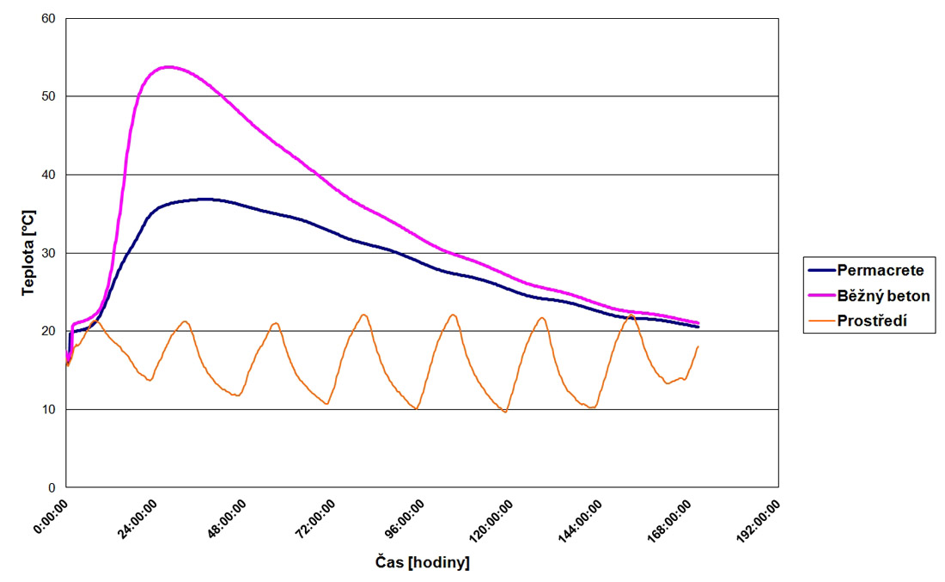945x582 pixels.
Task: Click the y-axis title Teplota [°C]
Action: point(29,254)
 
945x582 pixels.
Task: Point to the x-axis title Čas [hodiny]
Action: point(423,563)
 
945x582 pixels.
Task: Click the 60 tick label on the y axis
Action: point(48,18)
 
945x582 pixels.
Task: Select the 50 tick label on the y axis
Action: point(48,96)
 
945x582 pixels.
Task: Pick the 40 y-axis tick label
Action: point(48,175)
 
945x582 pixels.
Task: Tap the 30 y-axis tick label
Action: point(48,253)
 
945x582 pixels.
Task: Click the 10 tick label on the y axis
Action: point(48,409)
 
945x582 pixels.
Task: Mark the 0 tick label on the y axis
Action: point(52,487)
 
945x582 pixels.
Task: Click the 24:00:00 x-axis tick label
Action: point(136,519)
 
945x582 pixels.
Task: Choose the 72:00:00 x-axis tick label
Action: point(314,519)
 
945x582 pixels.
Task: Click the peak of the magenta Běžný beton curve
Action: point(168,67)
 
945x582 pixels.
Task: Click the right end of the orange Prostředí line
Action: point(698,346)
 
